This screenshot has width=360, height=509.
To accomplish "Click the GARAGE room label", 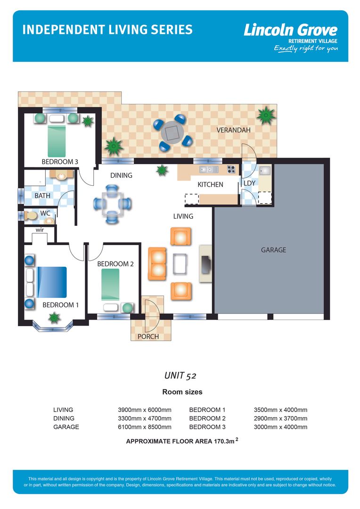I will [273, 250].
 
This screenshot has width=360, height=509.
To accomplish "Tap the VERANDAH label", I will [233, 130].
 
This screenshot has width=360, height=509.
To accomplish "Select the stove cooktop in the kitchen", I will [231, 169].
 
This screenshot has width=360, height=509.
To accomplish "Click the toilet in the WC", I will [31, 216].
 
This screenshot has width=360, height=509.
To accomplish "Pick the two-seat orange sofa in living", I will [157, 263].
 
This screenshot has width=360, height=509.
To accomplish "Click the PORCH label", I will [148, 337].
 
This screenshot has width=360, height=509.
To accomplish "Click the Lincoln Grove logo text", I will [290, 31].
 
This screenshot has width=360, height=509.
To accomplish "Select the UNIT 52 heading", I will [180, 376].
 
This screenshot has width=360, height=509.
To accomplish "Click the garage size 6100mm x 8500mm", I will [144, 427].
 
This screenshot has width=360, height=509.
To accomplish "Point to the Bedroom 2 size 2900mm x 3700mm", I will [280, 419].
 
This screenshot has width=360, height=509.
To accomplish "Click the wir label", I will [40, 230].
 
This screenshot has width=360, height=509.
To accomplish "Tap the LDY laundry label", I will [249, 183].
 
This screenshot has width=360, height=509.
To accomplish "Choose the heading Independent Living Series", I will [107, 30].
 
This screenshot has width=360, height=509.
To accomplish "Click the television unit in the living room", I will [206, 263].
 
